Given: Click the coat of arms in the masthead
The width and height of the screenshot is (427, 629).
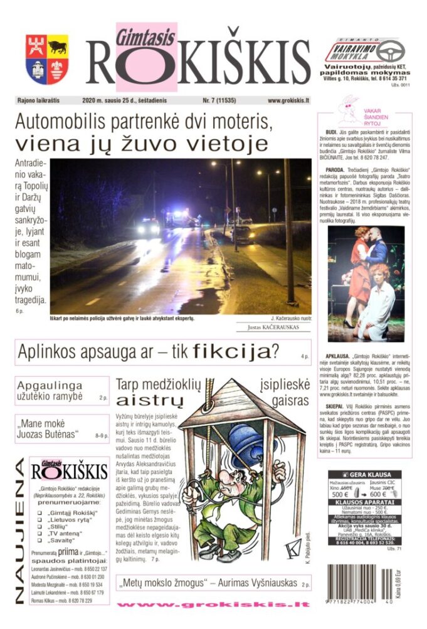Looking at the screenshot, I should tap(46, 60).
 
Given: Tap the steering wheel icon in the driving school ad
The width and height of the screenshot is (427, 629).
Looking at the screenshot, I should tap(389, 51).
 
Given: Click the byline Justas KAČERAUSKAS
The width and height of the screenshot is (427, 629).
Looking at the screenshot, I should tap(274, 327).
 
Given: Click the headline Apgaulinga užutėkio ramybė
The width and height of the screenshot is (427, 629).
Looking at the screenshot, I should tap(50, 391).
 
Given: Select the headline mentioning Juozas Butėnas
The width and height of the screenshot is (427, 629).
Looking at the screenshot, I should tap(48, 430).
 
